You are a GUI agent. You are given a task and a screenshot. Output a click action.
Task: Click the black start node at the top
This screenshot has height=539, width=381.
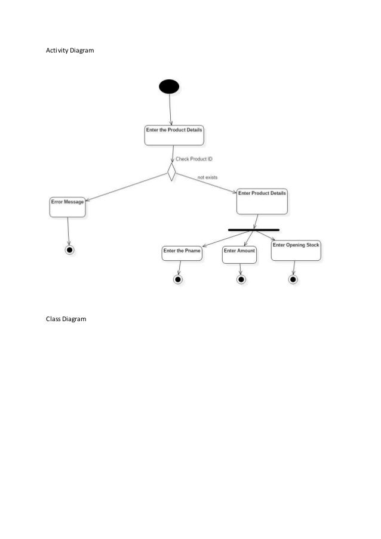click(169, 87)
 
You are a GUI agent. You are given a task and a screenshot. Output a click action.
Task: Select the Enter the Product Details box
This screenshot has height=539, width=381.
click(174, 135)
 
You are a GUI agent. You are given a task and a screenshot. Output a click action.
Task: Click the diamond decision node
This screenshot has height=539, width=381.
click(171, 173)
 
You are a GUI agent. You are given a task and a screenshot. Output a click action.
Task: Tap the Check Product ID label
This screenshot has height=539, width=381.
click(193, 159)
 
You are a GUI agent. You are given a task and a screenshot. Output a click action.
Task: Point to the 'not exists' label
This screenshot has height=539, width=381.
click(207, 177)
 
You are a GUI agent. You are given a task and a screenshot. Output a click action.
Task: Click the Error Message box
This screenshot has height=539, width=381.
click(67, 207)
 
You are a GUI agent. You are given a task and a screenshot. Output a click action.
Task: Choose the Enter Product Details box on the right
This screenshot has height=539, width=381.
click(262, 201)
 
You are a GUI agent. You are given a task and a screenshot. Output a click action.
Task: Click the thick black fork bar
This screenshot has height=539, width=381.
click(254, 229)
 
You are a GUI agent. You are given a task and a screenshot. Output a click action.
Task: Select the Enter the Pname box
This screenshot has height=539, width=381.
click(182, 254)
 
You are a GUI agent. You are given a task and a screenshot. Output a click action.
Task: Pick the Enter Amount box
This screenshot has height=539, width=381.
click(239, 254)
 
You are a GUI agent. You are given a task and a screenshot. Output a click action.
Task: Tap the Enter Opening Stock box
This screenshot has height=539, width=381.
click(296, 250)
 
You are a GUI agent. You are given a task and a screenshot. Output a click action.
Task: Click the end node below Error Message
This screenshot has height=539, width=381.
click(70, 250)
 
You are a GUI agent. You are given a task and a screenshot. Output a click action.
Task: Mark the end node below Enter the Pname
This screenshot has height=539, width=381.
click(177, 279)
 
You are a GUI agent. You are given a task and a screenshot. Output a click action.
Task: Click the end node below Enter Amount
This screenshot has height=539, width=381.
click(241, 279)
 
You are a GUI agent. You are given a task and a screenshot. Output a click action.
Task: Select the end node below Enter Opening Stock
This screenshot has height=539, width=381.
click(293, 279)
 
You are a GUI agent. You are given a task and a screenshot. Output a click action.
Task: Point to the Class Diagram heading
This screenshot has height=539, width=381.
click(66, 319)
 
